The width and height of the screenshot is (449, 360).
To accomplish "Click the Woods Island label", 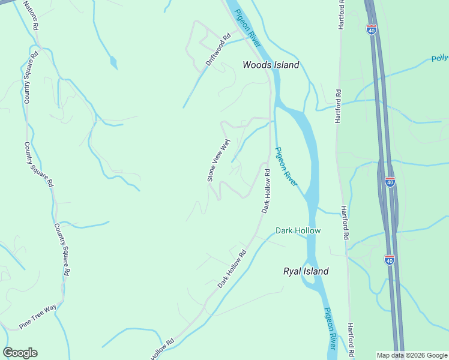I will tap(270, 65).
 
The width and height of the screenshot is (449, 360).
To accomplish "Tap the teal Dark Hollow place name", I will tap(298, 230).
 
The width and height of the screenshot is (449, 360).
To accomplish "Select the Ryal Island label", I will tap(306, 271).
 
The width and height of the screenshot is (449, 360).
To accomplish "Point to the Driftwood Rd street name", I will tap(218, 52).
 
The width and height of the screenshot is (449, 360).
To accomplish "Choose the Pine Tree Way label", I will tap(38, 316).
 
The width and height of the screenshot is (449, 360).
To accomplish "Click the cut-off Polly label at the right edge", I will tap(439, 59).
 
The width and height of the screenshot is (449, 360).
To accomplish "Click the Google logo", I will tap(20, 353).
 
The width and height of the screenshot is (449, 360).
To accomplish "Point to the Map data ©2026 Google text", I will tap(411, 355).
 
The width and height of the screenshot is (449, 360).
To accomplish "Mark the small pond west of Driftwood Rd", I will tap(113, 62).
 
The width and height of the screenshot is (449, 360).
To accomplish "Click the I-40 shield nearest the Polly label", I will tap(372, 29).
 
